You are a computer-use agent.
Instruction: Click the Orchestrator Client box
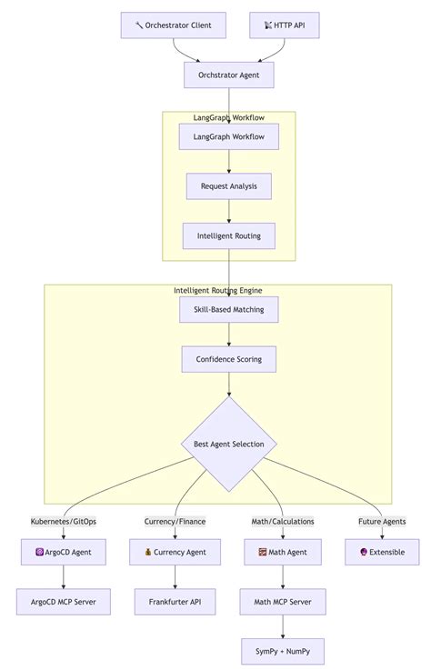173,25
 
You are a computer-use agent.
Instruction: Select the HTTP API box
284,25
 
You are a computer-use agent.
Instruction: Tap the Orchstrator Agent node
228,75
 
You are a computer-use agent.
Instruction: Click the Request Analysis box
228,186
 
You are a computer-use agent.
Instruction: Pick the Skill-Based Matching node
228,310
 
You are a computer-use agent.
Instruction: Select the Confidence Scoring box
228,359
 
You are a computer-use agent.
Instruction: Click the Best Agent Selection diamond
228,444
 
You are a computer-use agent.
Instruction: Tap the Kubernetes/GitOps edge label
64,522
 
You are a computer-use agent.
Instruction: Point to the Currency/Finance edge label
175,522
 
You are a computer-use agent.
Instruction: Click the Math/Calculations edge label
283,522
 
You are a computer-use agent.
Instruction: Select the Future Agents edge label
382,522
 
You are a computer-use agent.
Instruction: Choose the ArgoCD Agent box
64,552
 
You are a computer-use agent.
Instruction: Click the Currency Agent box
175,552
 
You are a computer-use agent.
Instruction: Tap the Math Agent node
283,552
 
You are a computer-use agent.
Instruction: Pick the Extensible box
382,552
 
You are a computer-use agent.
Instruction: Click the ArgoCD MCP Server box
64,601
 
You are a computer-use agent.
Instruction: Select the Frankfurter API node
175,601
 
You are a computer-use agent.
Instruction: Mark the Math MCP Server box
283,601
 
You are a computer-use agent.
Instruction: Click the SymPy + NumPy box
283,651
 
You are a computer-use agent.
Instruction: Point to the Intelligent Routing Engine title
218,291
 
